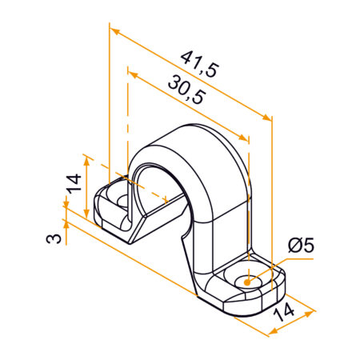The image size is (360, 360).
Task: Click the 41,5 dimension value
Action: pyautogui.click(x=199, y=63)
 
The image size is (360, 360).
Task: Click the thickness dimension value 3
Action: pyautogui.click(x=50, y=238)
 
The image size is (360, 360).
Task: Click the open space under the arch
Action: pyautogui.click(x=156, y=180)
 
